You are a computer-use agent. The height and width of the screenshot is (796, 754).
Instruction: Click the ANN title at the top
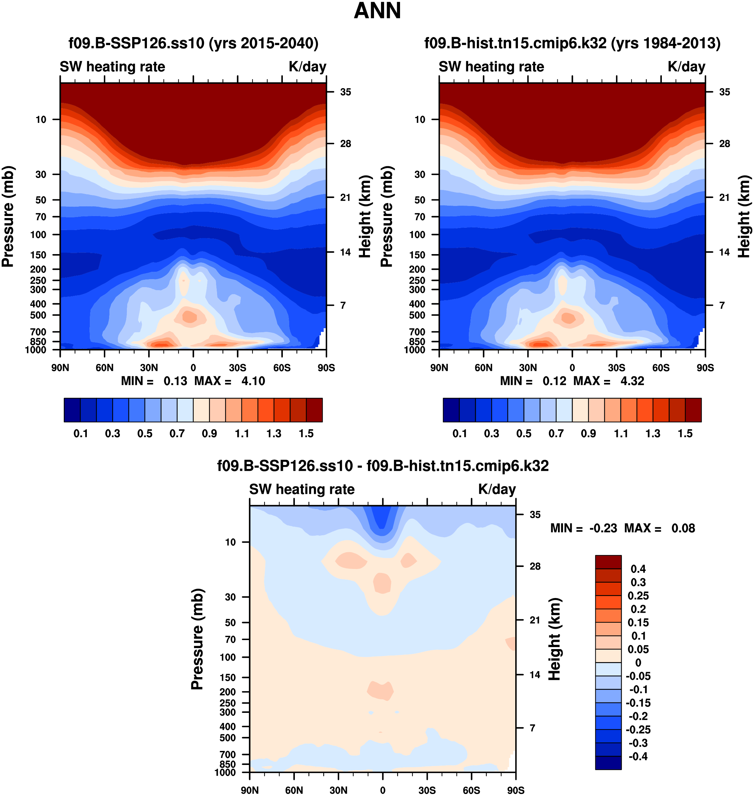(x=377, y=11)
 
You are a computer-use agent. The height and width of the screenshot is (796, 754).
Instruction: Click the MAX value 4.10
(x=253, y=381)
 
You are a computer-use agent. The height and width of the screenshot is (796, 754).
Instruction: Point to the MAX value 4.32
(x=632, y=381)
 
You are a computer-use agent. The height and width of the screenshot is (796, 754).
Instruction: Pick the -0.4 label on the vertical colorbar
(x=638, y=756)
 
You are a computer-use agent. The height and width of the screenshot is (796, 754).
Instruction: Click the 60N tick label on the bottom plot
(x=294, y=790)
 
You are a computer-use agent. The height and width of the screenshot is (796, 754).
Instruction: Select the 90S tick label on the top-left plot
(x=326, y=368)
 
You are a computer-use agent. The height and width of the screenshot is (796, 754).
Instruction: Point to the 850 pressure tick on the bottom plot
(x=227, y=764)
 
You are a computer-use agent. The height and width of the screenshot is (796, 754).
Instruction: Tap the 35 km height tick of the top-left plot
(x=346, y=92)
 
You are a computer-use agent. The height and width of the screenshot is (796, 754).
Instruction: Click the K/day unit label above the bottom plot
(x=497, y=489)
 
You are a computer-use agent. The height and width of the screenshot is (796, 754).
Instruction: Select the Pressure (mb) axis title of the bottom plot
(x=197, y=639)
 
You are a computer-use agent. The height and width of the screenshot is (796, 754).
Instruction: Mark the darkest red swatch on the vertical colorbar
(x=608, y=562)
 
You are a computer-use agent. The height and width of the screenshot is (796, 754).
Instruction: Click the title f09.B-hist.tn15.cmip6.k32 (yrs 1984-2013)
(x=572, y=43)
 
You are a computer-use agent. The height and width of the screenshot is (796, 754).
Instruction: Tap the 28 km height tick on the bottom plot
(x=535, y=566)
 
